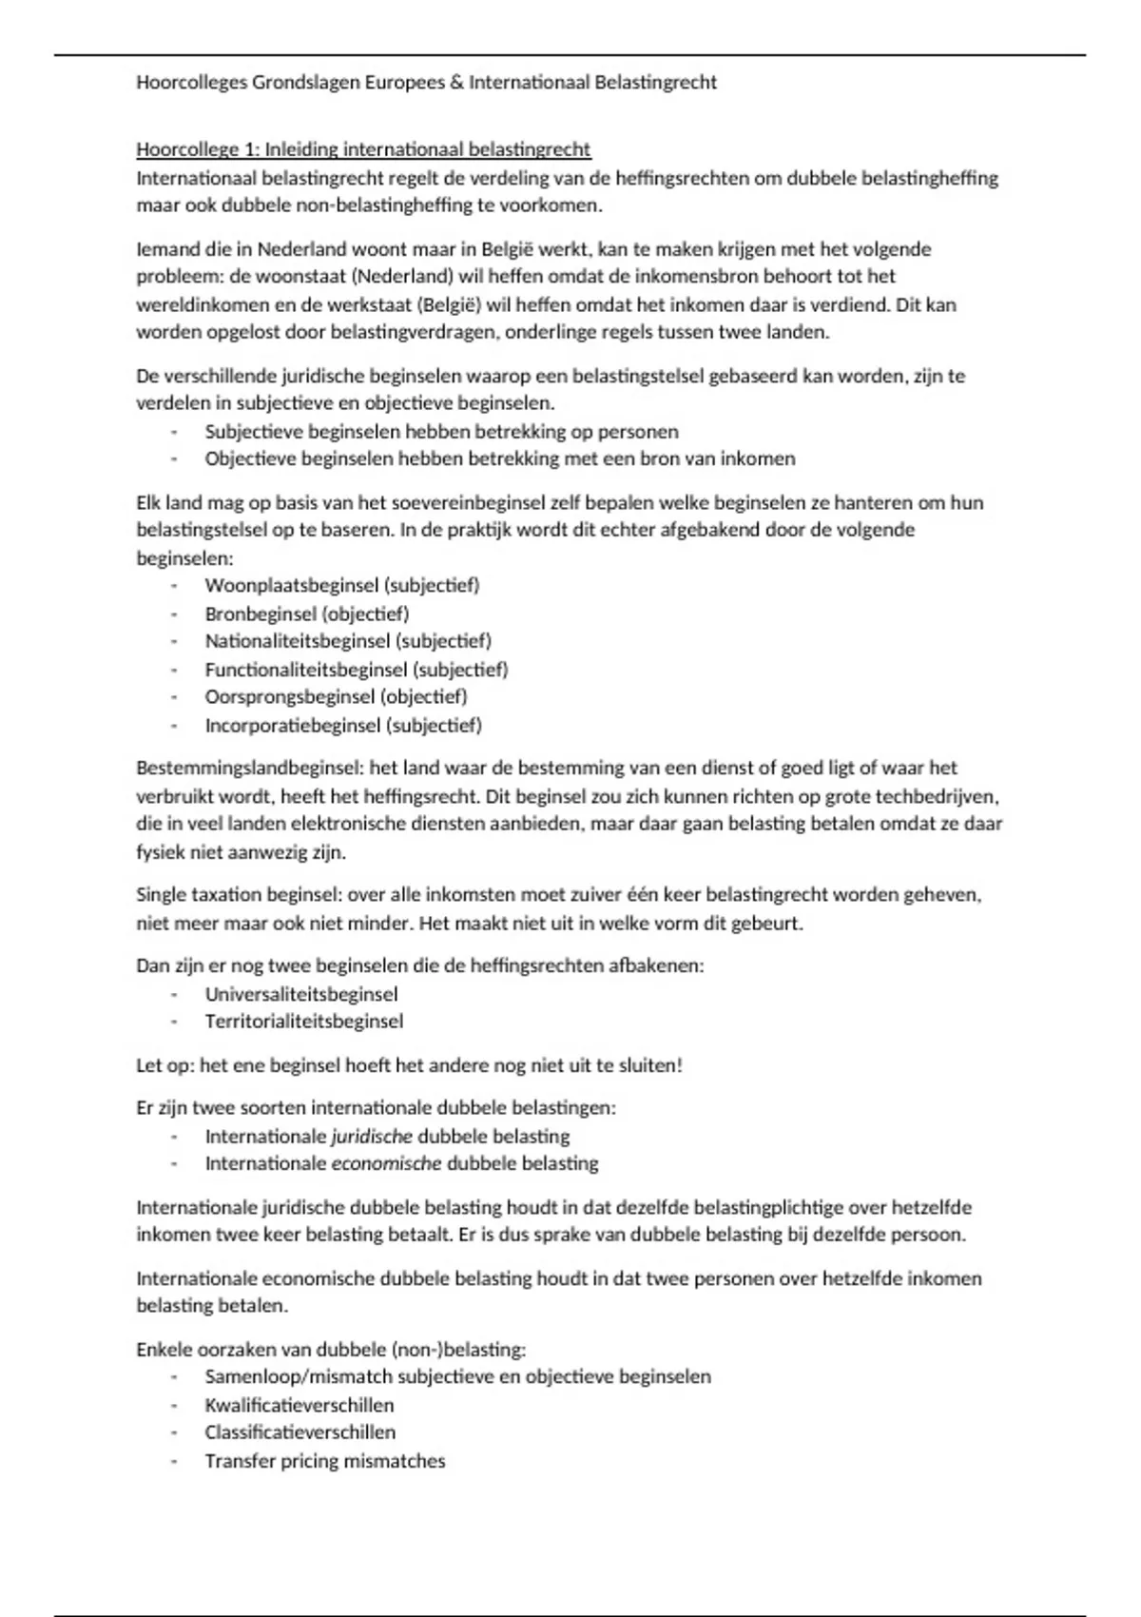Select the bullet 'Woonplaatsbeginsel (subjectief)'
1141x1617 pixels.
342,586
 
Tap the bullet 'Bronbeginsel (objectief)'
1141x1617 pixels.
307,614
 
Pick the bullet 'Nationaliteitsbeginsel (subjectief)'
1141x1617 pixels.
348,641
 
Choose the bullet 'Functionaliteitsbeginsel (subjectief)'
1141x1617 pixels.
357,670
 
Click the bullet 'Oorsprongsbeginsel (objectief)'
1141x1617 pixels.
336,696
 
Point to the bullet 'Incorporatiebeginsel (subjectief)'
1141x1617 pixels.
343,726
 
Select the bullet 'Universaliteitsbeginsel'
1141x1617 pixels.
301,995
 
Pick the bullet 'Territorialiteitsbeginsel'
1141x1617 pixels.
304,1022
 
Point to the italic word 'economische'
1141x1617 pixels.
386,1163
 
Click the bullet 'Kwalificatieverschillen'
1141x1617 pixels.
300,1406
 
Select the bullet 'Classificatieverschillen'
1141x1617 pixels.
300,1432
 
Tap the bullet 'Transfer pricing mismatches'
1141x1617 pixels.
325,1461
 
